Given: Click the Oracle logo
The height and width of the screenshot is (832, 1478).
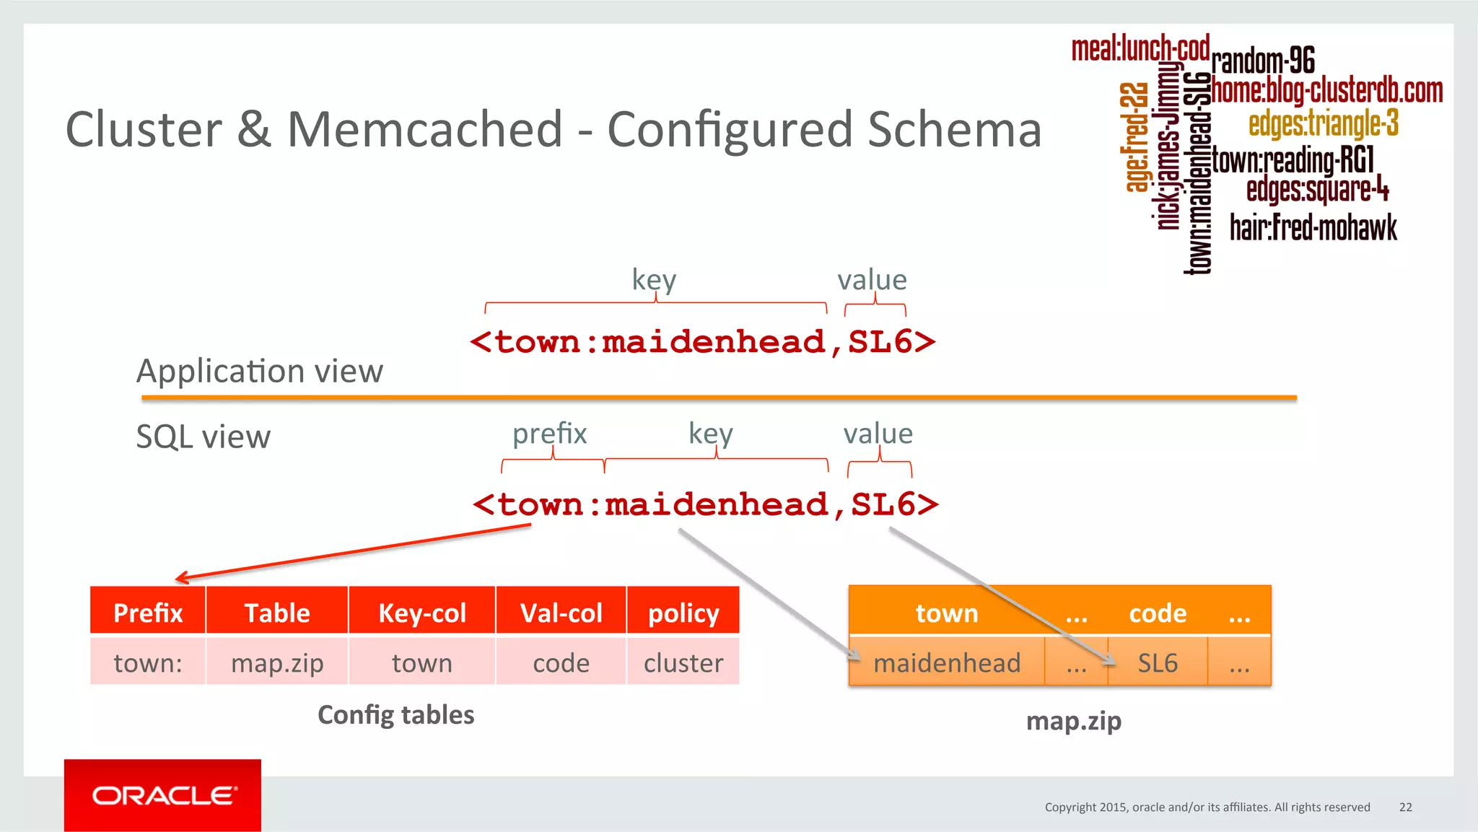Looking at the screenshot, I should pos(163,795).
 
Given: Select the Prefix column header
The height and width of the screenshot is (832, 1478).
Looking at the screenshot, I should pos(148,613).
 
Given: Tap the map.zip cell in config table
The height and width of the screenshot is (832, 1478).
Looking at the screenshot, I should pos(277,662).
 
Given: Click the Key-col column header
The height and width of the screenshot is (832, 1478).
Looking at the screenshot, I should pos(422,613).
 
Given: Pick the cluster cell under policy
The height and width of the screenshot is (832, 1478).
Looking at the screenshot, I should pos(683,662).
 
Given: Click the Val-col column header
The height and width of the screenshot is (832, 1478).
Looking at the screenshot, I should pos(561,613).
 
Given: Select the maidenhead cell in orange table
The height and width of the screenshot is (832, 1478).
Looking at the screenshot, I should pos(947,662).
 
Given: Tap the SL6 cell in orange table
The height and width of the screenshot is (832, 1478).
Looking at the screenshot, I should pos(1158,662).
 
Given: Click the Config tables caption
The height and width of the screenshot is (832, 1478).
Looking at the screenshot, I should pos(395,714).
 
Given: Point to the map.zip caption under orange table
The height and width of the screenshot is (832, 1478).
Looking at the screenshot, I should pos(1073,720).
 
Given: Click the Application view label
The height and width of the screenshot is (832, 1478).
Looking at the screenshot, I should pos(260,371).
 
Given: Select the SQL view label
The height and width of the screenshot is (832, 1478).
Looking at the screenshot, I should pos(203,437).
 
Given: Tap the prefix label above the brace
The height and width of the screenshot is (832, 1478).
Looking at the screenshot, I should pos(549,433).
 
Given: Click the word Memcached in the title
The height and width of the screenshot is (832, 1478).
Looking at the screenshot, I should pos(424,130).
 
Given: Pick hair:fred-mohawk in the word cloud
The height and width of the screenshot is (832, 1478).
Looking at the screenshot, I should pos(1313,227).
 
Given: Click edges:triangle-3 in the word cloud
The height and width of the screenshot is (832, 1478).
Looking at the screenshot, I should pos(1323,123).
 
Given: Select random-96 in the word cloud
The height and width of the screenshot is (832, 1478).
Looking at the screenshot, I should pos(1263,61).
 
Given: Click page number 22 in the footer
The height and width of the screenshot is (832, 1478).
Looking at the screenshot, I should pos(1405,807).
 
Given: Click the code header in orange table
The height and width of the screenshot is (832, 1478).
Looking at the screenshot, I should pos(1158,613).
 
